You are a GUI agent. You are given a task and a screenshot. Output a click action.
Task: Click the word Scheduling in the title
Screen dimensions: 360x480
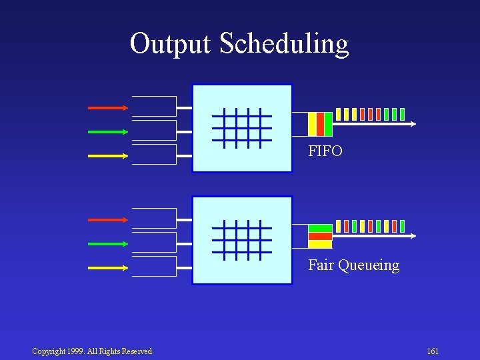(x=283, y=44)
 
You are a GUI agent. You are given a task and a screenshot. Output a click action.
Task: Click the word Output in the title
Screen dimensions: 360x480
(x=171, y=43)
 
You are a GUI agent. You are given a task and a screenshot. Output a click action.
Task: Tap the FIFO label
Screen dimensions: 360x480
(x=325, y=151)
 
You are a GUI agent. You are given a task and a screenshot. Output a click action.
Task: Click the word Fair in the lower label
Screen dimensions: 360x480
(x=321, y=265)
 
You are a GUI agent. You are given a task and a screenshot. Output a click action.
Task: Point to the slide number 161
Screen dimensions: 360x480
(x=433, y=351)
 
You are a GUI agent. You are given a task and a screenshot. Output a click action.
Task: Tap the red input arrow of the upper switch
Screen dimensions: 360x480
(x=108, y=107)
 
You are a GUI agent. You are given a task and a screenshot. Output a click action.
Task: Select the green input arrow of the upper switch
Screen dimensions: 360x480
(x=108, y=132)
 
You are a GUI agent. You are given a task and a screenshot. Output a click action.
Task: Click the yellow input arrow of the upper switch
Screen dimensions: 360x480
(x=108, y=156)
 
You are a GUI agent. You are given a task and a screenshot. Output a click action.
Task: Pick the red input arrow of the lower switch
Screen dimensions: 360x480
(x=108, y=219)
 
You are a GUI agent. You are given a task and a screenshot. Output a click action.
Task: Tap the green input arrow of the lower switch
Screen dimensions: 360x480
(x=108, y=244)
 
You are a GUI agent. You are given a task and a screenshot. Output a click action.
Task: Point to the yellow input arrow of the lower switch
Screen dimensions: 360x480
(x=108, y=268)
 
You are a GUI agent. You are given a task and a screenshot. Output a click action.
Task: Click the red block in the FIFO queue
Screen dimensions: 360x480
(x=321, y=124)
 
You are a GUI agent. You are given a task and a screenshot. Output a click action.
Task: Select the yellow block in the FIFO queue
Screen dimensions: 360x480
(x=312, y=124)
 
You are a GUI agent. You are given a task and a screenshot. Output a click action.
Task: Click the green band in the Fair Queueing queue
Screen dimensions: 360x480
(x=320, y=228)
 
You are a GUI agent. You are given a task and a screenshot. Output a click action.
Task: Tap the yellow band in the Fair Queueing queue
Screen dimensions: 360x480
(x=320, y=244)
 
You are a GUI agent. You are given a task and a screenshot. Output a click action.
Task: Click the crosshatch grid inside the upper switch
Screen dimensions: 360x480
(x=242, y=127)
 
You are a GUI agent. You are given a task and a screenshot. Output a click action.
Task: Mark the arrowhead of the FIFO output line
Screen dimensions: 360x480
(x=414, y=124)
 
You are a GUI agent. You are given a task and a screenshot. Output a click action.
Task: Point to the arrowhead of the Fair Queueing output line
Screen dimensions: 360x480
(x=414, y=235)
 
